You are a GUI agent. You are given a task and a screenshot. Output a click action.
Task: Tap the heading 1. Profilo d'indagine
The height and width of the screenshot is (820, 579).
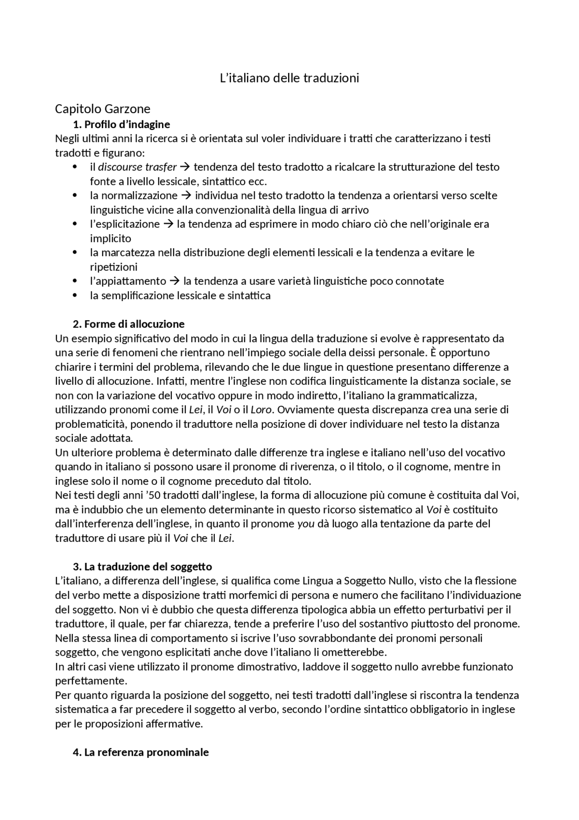coord(121,124)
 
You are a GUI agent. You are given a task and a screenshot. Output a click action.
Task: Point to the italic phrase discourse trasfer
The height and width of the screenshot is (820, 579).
coord(137,167)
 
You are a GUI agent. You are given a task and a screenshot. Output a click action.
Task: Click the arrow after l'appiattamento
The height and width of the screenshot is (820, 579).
coord(175,281)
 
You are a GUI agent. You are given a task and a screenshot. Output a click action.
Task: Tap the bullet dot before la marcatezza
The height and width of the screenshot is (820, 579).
coord(75,253)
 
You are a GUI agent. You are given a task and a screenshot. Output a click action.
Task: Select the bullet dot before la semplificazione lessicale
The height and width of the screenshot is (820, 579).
coord(75,296)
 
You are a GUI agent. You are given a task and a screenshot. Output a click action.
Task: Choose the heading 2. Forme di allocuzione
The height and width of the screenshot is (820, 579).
coord(128,324)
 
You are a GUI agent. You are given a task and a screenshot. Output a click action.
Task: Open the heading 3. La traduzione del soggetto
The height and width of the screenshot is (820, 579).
coord(142,566)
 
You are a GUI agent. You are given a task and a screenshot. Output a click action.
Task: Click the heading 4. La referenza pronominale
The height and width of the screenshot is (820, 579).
coord(141,752)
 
